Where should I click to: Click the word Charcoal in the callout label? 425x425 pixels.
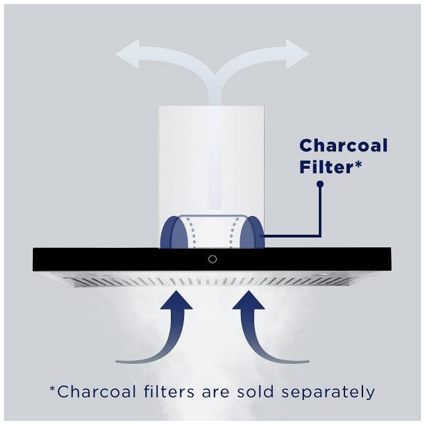(x=343, y=145)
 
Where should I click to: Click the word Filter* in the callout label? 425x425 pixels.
(x=331, y=167)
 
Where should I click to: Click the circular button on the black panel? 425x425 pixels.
(x=212, y=259)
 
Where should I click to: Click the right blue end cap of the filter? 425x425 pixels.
(x=252, y=232)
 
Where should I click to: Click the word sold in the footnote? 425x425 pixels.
(x=255, y=392)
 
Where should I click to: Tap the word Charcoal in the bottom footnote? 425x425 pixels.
(x=96, y=392)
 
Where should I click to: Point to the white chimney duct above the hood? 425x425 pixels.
(x=211, y=160)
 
